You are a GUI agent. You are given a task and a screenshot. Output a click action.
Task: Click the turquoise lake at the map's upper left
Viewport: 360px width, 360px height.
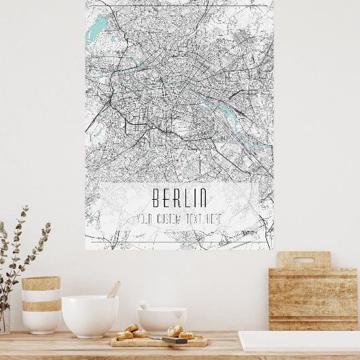click(99, 28)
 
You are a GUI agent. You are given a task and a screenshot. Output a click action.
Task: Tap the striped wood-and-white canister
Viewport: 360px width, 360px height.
click(41, 304)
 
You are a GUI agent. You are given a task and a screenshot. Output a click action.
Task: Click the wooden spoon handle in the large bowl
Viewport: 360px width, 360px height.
click(113, 290)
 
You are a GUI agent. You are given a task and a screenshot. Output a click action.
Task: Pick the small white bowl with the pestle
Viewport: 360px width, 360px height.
click(161, 319)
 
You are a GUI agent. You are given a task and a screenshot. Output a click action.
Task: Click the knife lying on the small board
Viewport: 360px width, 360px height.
click(175, 340)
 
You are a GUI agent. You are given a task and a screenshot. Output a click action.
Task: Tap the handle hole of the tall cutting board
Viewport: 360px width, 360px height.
click(303, 259)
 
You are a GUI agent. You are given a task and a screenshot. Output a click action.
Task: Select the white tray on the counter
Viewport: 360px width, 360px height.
click(299, 341)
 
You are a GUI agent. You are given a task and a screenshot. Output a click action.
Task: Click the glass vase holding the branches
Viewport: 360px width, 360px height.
click(4, 319)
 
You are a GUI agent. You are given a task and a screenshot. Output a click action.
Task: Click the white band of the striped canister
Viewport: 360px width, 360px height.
click(41, 296)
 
